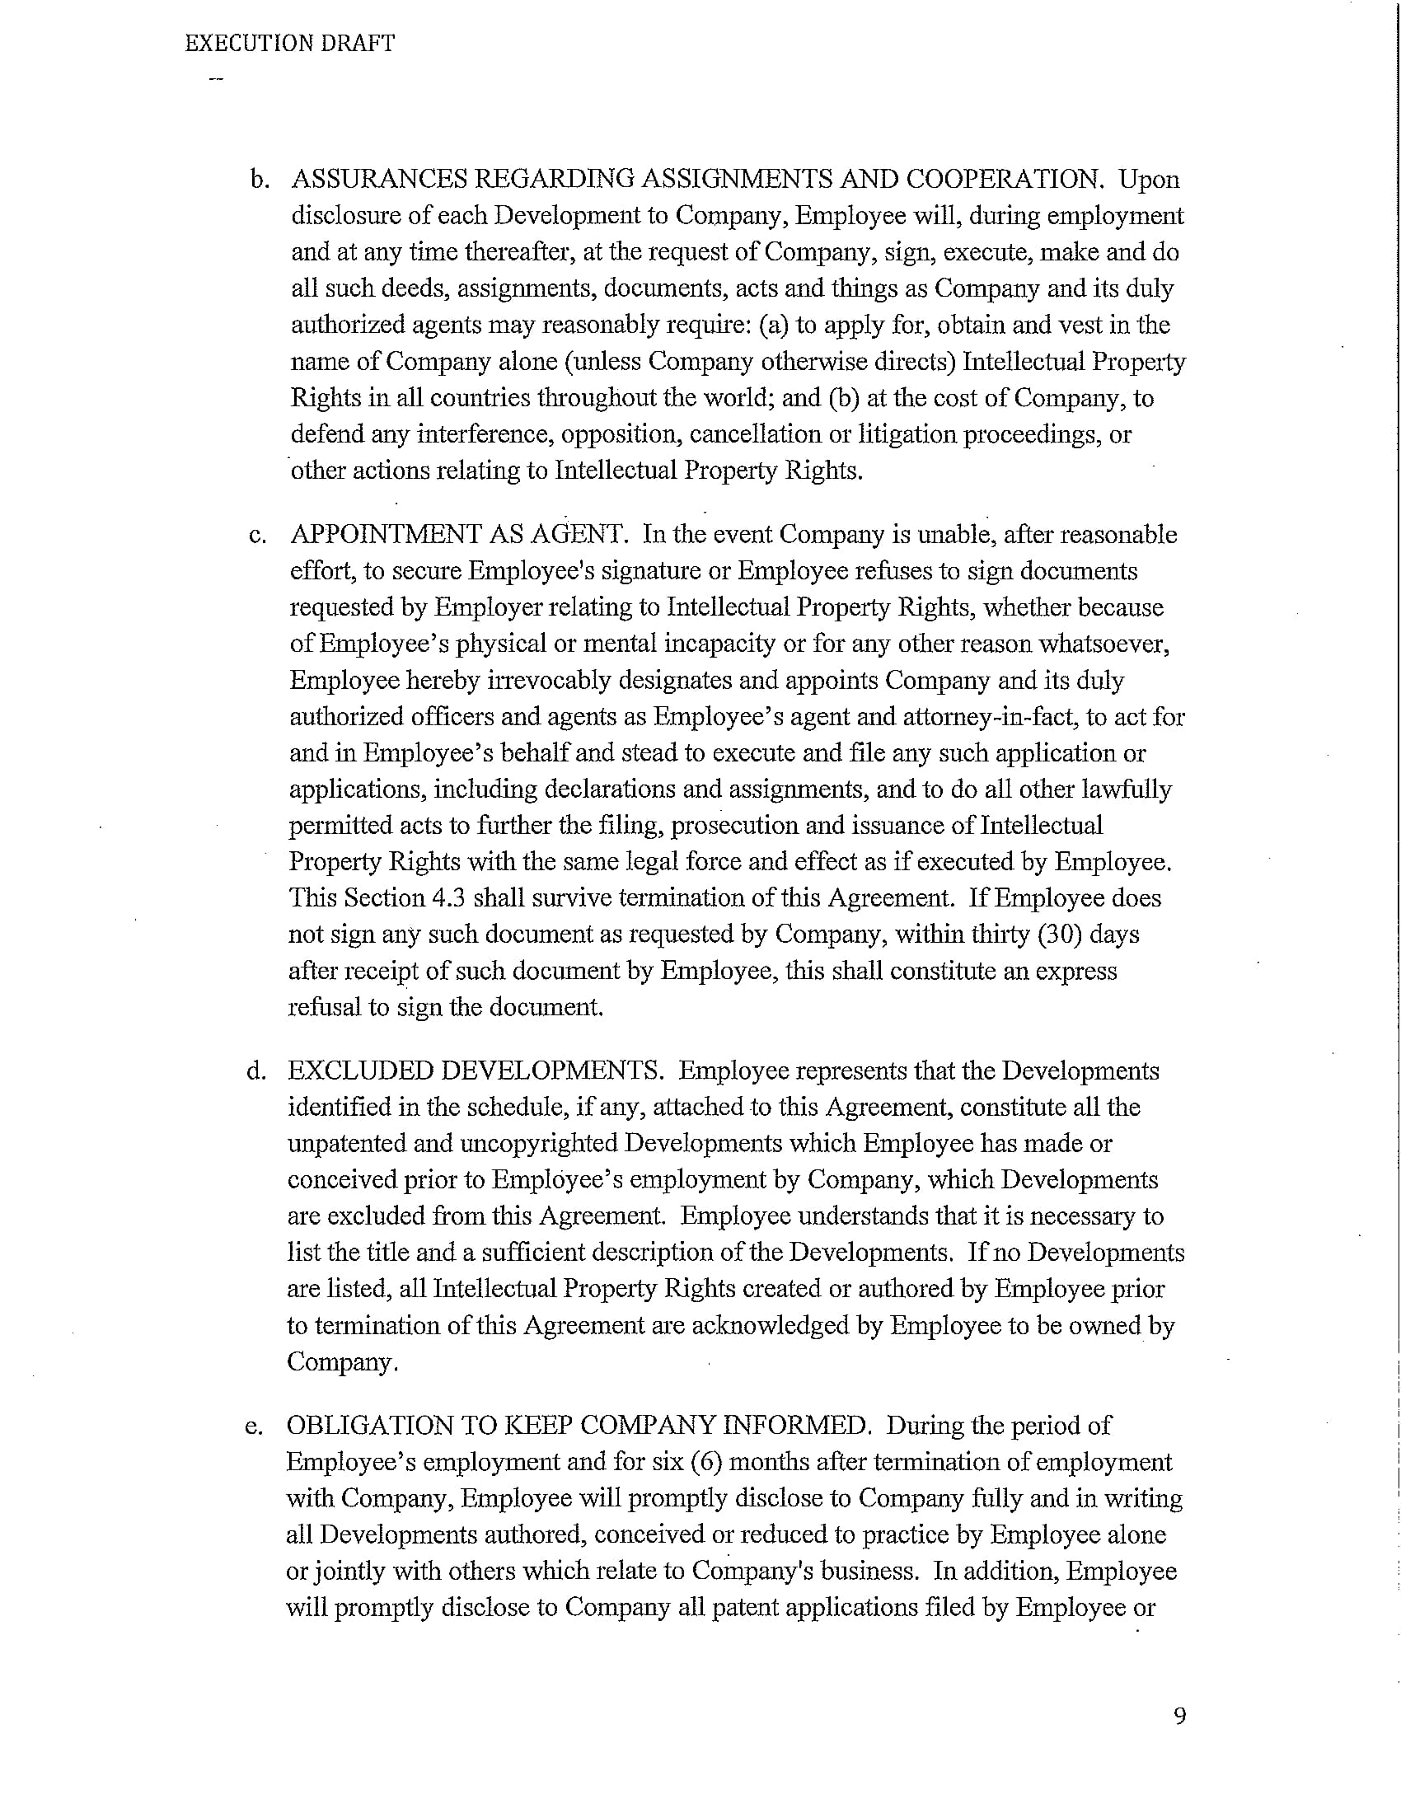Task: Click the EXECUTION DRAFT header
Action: (x=289, y=43)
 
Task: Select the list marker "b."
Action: (x=260, y=180)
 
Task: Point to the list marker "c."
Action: (x=257, y=536)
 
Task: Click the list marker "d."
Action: (x=256, y=1071)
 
